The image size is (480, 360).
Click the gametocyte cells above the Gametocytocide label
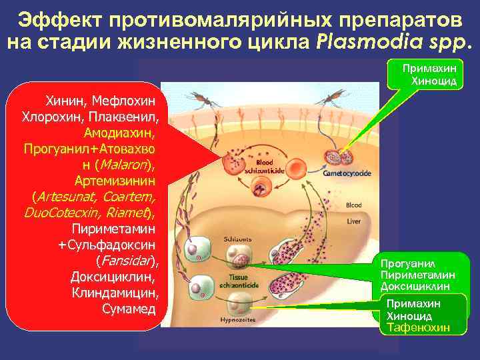tap(341, 157)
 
